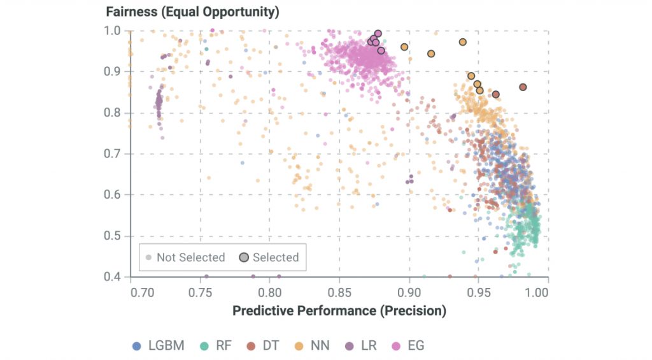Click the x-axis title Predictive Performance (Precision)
(339, 311)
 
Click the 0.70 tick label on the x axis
(141, 293)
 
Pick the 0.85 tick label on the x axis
(340, 293)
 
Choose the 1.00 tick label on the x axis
(539, 293)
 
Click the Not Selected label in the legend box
(190, 257)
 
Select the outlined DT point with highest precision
(523, 87)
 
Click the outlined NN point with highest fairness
(463, 42)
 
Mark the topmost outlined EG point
(378, 33)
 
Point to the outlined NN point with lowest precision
(404, 47)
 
